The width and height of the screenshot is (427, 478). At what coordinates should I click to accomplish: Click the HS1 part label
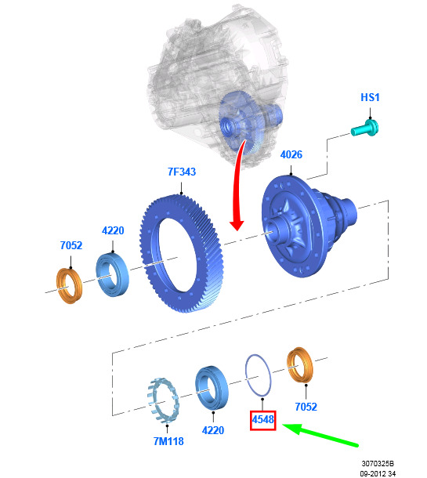(x=370, y=97)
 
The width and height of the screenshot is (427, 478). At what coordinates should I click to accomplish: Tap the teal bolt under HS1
(x=365, y=129)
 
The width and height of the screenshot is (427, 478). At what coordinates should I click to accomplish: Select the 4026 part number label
(x=291, y=154)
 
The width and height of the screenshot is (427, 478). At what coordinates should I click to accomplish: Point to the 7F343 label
(x=182, y=172)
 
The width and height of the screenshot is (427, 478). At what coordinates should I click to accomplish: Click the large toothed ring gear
(x=182, y=254)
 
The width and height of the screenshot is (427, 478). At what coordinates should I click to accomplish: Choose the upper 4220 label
(x=113, y=230)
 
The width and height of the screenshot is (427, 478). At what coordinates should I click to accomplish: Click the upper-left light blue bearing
(x=113, y=274)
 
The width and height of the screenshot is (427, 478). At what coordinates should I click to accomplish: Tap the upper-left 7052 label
(x=71, y=245)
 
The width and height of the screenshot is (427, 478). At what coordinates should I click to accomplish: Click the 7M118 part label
(x=168, y=441)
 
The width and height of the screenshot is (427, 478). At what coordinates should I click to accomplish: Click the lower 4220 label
(x=213, y=430)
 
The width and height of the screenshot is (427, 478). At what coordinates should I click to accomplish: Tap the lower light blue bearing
(x=212, y=387)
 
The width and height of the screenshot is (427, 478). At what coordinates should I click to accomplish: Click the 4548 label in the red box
(x=262, y=420)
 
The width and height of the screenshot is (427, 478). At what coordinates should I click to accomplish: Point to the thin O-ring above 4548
(x=246, y=375)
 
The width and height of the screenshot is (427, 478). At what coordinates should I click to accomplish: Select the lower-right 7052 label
(x=306, y=407)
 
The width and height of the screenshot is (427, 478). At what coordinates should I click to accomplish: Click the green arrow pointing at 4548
(x=320, y=434)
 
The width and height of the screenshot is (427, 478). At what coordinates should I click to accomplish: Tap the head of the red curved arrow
(x=237, y=224)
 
